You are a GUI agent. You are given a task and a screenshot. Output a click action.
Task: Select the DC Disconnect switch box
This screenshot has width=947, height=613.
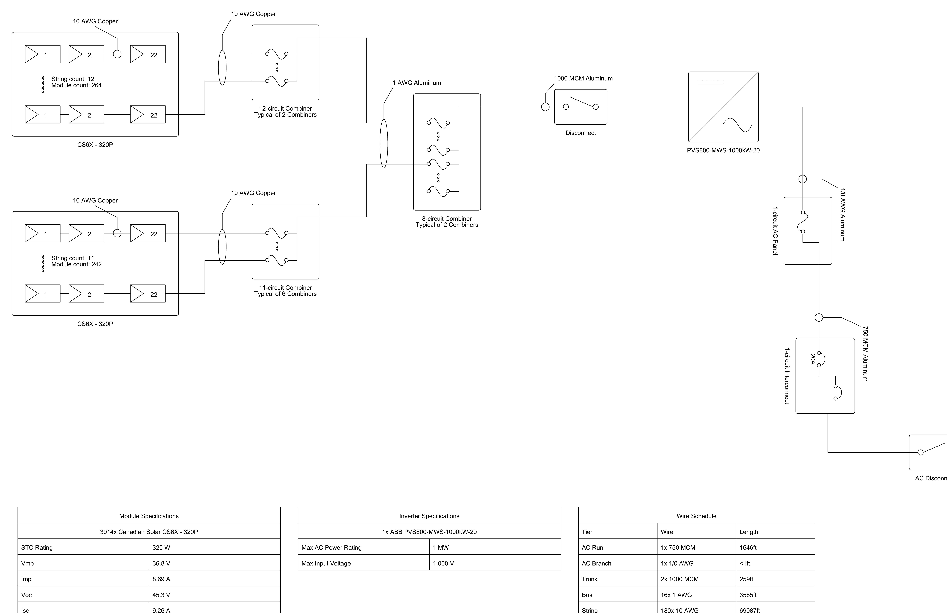click(x=581, y=107)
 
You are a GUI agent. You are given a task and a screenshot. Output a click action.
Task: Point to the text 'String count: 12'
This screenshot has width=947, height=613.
click(x=73, y=79)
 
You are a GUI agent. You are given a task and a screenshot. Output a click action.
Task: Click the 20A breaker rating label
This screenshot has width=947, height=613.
click(x=813, y=359)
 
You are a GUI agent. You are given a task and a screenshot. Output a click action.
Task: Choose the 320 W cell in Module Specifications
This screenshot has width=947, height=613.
click(x=161, y=547)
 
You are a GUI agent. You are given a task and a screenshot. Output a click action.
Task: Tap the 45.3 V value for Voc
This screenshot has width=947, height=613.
click(x=161, y=595)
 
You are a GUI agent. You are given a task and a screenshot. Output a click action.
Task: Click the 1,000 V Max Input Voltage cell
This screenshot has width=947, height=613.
click(x=443, y=563)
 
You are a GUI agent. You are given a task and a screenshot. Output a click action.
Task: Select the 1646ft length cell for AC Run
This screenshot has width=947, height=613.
click(x=748, y=547)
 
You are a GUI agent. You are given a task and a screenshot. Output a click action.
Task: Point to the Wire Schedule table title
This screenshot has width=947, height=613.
click(x=696, y=516)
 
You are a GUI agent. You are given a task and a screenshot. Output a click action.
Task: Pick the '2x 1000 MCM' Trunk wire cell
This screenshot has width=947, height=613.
click(x=680, y=579)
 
